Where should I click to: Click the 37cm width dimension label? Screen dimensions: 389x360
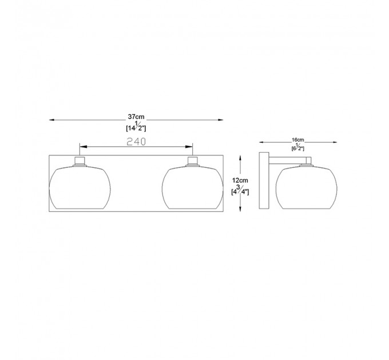coord(136,117)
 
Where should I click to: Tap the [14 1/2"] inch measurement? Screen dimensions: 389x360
coord(136,126)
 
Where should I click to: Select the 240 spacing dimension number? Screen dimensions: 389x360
coord(136,142)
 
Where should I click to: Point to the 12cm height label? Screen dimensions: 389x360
coord(240,181)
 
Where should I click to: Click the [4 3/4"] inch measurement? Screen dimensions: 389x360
coord(240,190)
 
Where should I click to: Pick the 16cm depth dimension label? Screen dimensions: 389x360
coord(297,140)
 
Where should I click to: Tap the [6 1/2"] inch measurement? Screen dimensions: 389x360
coord(297,147)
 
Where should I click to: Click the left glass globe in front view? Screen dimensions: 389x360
coord(80,187)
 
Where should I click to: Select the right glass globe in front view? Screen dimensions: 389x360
coord(193,187)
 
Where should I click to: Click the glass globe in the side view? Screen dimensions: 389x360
coord(307,187)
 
